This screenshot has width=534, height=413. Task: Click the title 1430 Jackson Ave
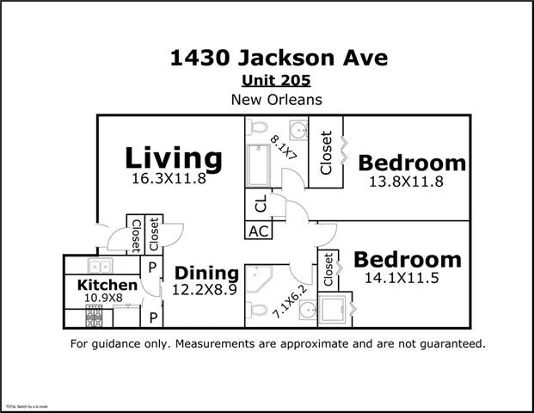pos(279,59)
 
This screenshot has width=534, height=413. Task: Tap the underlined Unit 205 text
pos(277,81)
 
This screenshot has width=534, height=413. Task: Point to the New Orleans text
pos(277,100)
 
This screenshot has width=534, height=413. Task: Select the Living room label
pos(174,157)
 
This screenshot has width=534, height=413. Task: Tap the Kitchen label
pos(107,285)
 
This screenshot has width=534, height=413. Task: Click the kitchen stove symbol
pos(94,317)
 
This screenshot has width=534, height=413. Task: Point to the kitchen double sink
pos(101,267)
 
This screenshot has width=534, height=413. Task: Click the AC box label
pos(258,231)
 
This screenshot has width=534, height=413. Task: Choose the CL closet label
pos(258,204)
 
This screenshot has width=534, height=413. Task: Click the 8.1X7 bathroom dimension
pos(283,148)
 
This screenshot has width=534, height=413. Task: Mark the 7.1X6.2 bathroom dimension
pos(287,302)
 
